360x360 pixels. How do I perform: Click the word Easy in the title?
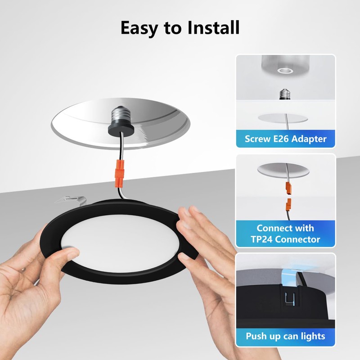(x=142, y=28)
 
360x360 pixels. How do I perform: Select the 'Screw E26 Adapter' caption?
(x=286, y=139)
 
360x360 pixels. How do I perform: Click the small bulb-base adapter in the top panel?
(x=284, y=93)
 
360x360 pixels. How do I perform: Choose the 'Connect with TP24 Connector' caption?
(x=286, y=234)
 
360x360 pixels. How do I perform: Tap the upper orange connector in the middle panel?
(x=286, y=187)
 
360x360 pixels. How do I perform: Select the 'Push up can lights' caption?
(x=286, y=336)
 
